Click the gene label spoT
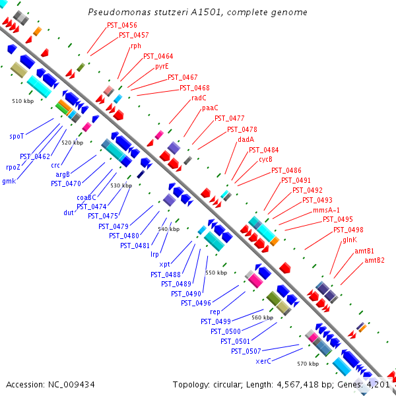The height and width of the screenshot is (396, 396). pyautogui.click(x=16, y=137)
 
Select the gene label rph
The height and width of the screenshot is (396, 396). pyautogui.click(x=136, y=46)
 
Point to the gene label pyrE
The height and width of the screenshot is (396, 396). pyautogui.click(x=162, y=67)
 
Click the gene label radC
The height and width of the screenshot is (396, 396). pyautogui.click(x=199, y=98)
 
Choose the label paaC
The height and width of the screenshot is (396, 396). pyautogui.click(x=210, y=108)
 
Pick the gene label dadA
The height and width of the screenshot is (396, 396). pyautogui.click(x=246, y=139)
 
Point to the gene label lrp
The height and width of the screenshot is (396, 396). pyautogui.click(x=155, y=254)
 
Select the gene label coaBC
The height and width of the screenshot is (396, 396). pyautogui.click(x=86, y=197)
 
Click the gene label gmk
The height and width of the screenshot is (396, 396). pyautogui.click(x=9, y=181)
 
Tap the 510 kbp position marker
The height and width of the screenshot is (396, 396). pyautogui.click(x=23, y=101)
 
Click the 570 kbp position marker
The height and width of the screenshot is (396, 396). pyautogui.click(x=308, y=364)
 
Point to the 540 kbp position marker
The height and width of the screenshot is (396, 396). pyautogui.click(x=169, y=229)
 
